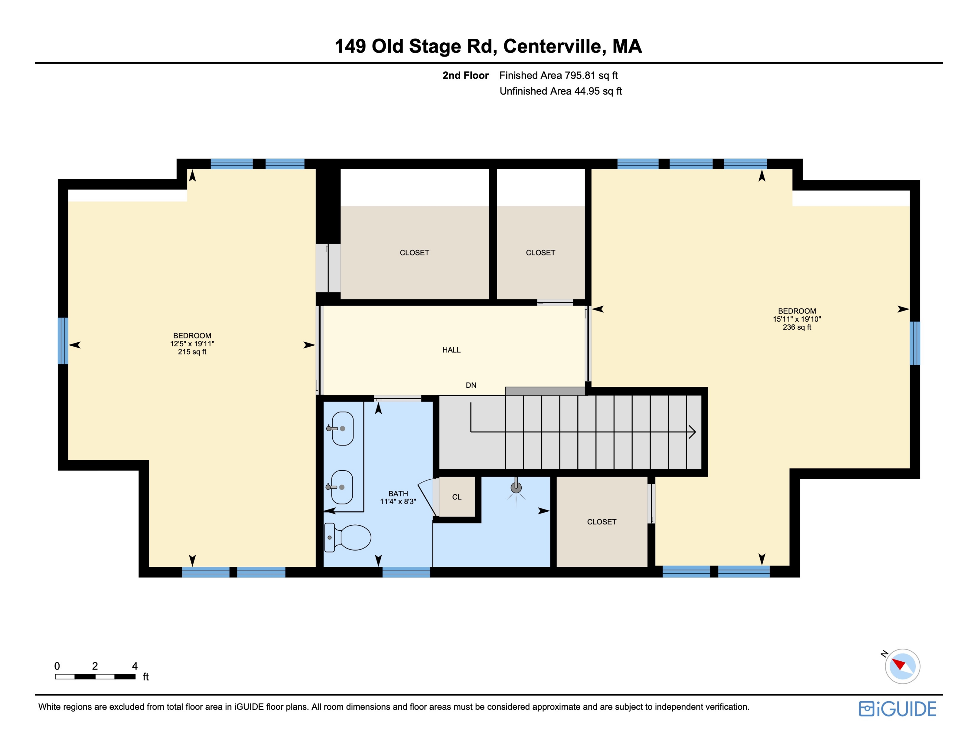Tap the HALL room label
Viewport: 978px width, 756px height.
point(452,350)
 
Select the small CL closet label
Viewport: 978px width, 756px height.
point(457,497)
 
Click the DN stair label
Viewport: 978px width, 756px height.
point(471,385)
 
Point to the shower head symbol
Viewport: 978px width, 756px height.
point(516,489)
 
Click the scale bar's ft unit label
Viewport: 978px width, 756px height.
point(145,677)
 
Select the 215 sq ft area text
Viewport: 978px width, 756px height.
point(192,352)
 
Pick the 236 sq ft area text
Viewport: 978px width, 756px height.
point(797,327)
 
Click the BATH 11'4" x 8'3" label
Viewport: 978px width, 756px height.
point(398,498)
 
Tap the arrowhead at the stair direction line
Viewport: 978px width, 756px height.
point(692,432)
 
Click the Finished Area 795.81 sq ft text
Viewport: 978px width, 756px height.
point(558,75)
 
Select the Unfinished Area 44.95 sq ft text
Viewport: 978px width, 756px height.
point(561,91)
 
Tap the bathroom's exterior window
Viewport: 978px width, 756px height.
point(406,572)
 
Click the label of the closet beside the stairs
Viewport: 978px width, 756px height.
point(601,522)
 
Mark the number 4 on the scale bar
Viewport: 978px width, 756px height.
point(134,666)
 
